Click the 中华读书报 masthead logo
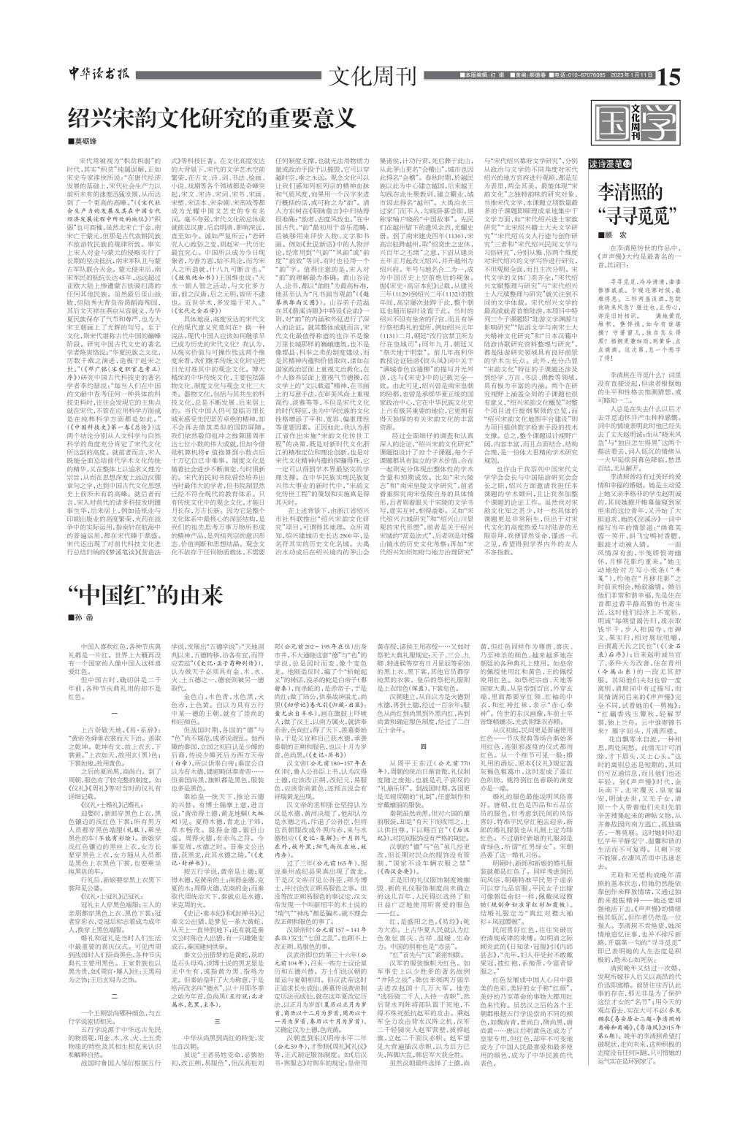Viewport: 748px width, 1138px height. tap(96, 75)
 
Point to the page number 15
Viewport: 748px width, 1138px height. tap(668, 75)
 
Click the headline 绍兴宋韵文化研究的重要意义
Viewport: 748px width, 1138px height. tap(211, 118)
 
